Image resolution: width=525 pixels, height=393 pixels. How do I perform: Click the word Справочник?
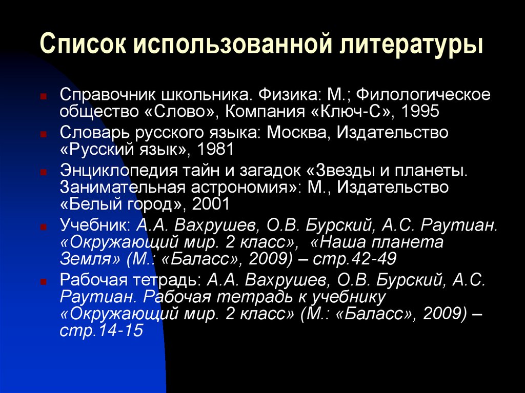tap(106, 95)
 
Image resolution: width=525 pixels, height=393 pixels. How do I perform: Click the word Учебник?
tap(95, 226)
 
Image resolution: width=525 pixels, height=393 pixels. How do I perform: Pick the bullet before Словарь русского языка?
tap(45, 133)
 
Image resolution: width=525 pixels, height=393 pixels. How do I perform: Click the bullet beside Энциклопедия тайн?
tap(45, 171)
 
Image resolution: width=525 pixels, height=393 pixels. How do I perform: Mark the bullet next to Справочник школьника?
tap(45, 95)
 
